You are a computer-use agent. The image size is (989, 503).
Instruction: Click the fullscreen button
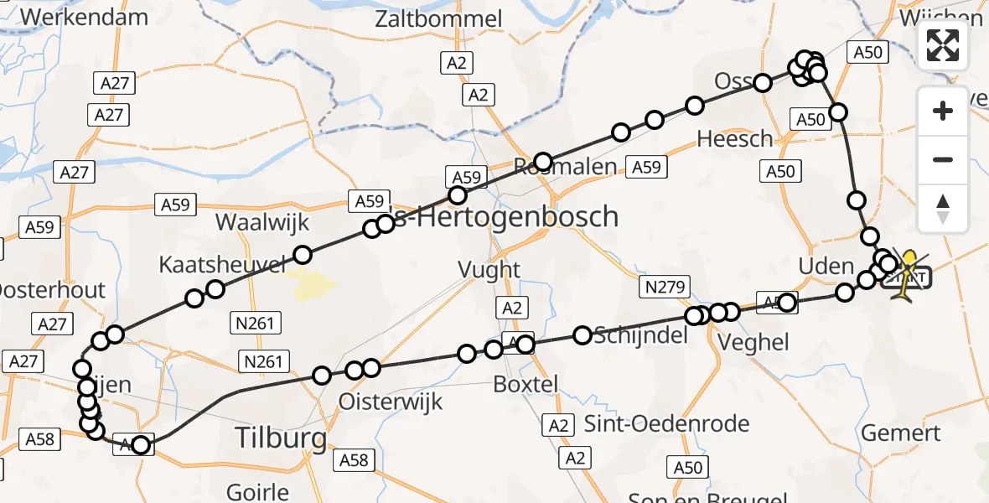click(x=943, y=45)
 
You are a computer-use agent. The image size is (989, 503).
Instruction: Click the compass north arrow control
click(x=943, y=209)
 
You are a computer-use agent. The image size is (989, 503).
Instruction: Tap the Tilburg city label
click(x=280, y=438)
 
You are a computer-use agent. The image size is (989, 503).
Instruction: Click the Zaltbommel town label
click(x=438, y=18)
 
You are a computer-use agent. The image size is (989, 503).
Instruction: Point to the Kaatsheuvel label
click(x=223, y=265)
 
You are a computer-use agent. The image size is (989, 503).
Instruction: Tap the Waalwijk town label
click(x=262, y=222)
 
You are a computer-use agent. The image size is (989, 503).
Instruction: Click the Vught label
click(x=489, y=270)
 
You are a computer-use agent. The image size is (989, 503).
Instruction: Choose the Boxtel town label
click(x=526, y=384)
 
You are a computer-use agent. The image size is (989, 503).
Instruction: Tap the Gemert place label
click(x=900, y=433)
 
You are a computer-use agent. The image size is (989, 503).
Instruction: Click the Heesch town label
click(x=735, y=138)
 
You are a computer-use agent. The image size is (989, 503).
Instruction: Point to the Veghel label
click(x=753, y=341)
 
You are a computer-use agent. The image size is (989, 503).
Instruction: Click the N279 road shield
click(x=664, y=287)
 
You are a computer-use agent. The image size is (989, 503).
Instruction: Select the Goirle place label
click(x=258, y=491)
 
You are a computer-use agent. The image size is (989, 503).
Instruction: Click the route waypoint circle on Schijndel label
click(x=583, y=335)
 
